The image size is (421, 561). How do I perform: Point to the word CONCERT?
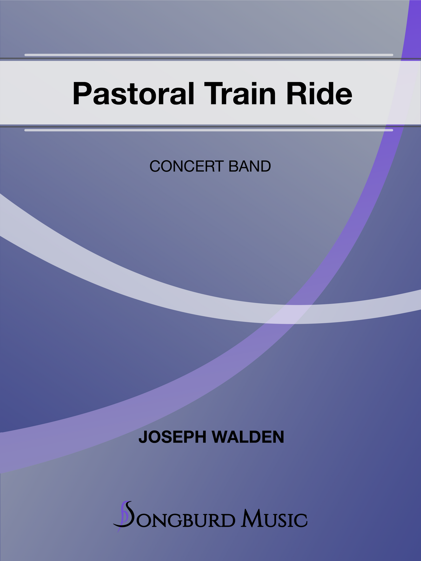point(187,167)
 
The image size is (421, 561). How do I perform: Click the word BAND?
point(250,167)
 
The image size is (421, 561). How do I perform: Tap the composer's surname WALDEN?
point(248,437)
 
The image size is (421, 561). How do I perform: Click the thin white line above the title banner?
point(209,55)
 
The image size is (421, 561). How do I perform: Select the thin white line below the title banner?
point(209,130)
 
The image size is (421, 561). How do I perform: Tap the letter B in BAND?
point(233,167)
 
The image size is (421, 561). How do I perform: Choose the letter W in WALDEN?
point(219,437)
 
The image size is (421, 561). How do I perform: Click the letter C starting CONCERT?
point(155,167)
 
